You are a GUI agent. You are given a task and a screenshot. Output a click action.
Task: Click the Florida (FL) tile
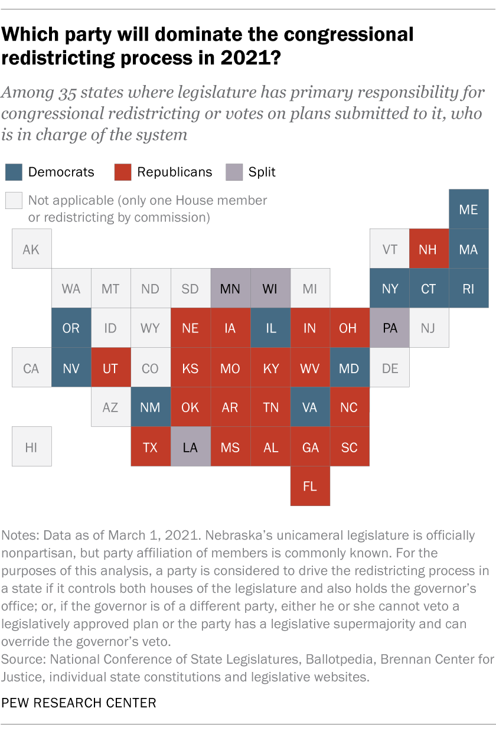coord(310,487)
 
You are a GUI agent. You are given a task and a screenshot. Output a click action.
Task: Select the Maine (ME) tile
coord(468,209)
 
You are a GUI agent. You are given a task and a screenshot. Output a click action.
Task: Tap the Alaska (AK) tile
coord(31,249)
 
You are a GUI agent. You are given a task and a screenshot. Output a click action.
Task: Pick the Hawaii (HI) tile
coord(31,447)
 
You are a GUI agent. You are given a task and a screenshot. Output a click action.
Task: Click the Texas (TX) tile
coord(151,447)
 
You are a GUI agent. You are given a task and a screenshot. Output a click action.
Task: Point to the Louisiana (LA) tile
coord(190,447)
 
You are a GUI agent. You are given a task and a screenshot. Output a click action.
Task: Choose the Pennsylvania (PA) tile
coord(390,328)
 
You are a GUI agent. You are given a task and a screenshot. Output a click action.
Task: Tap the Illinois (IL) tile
coord(270,328)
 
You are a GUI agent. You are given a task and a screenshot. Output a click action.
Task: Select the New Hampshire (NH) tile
coord(429,249)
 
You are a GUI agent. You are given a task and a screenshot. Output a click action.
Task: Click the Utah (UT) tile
coord(110,368)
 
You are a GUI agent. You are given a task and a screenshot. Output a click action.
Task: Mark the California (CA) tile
coord(31,368)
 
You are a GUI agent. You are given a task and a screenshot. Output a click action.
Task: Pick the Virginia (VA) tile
coord(310,407)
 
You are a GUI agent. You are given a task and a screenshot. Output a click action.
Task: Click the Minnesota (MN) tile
coord(230,289)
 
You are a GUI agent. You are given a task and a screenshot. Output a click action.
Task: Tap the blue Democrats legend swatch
coord(14,172)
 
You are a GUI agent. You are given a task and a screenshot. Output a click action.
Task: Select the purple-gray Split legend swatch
coord(234,172)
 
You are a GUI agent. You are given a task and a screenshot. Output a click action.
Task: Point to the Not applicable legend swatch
coord(14,201)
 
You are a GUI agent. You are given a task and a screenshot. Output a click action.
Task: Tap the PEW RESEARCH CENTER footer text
coord(79,703)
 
